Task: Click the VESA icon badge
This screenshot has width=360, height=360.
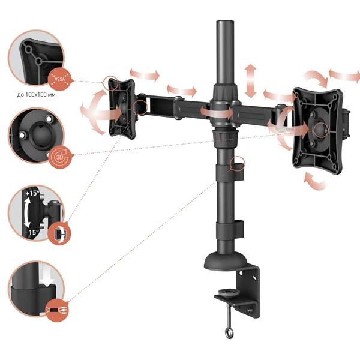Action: pos(60,79)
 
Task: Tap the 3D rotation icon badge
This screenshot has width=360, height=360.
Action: pos(60,157)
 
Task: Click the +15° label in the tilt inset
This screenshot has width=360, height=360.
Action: pos(32,193)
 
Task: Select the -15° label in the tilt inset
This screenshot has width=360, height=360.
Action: pos(32,232)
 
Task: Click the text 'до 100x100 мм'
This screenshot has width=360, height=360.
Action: pos(36,95)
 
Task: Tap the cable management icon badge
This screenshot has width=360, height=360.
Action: pos(57,310)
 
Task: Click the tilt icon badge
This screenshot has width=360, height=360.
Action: pos(59,234)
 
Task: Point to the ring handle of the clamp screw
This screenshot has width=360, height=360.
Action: pos(229,333)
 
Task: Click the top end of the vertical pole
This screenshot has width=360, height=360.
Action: pos(225,21)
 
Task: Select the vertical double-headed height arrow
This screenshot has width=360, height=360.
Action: pos(250,81)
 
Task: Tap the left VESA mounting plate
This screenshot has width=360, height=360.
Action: pos(121,109)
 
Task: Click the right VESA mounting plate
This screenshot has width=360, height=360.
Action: pos(318,131)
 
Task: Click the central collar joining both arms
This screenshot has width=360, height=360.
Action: pos(225,112)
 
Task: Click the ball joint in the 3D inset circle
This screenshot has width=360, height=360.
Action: pos(41,134)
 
